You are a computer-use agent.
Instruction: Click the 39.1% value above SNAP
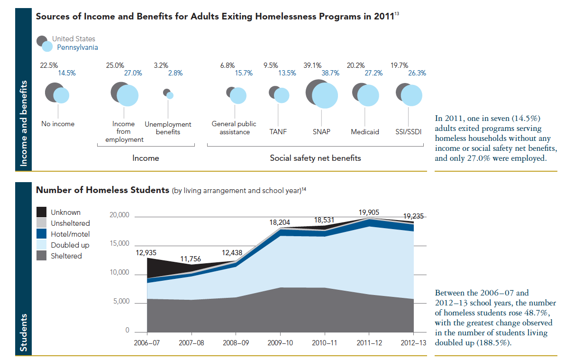click(313, 65)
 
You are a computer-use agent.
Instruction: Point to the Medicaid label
click(365, 132)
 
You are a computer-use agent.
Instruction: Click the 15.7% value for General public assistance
click(244, 73)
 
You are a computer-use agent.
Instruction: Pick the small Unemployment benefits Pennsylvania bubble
click(170, 95)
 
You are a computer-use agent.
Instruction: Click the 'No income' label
click(58, 124)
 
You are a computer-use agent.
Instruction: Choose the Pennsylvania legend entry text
click(78, 47)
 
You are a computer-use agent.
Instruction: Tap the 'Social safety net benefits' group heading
click(315, 158)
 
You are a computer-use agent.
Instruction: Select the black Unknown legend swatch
click(42, 212)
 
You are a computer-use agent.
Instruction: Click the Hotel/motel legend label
click(70, 234)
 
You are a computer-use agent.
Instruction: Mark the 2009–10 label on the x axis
click(280, 342)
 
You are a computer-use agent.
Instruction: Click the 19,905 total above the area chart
click(369, 212)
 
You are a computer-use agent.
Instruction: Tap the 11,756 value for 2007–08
click(191, 259)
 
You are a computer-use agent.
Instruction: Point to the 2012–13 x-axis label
click(413, 342)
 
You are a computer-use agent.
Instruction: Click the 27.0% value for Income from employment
click(133, 73)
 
